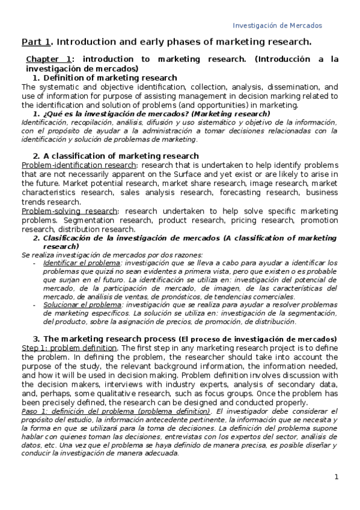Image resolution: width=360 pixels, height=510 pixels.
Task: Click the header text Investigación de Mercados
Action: coord(277,25)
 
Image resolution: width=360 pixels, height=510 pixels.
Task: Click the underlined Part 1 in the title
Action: coord(36,41)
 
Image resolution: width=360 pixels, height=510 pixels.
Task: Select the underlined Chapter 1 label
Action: coord(49,60)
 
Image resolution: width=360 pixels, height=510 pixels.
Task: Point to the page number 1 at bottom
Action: coord(337,477)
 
